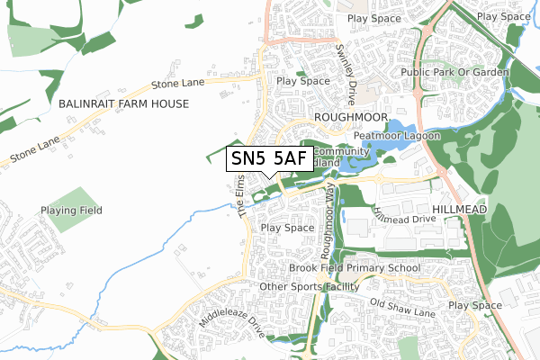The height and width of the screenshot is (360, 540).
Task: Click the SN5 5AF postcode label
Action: tap(270, 158)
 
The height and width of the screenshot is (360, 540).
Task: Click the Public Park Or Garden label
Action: tap(455, 72)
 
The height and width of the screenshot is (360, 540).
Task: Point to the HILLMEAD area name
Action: tap(459, 208)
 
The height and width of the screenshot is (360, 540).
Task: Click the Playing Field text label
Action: tap(71, 211)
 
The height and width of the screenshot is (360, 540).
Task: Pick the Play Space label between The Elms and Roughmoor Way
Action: tap(287, 229)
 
